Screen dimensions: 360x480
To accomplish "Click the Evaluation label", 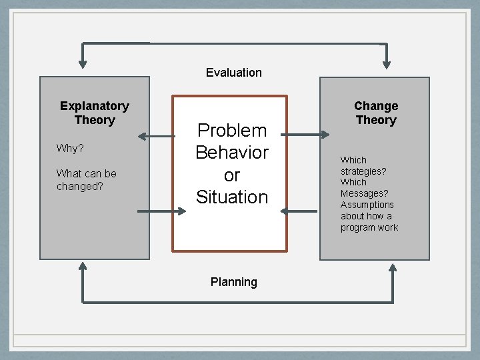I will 233,73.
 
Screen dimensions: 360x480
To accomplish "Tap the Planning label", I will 233,282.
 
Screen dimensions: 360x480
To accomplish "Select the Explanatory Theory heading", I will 95,113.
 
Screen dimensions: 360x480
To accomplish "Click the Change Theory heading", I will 376,113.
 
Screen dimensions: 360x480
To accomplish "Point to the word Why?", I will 70,148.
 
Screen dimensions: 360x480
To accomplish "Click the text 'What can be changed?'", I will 86,180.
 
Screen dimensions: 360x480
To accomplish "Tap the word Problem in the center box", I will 231,130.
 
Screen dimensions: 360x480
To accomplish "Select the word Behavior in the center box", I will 231,153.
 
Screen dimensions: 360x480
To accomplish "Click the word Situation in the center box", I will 231,197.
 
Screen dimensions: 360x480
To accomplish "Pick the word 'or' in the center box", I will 231,175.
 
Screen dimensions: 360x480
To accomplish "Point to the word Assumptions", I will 367,205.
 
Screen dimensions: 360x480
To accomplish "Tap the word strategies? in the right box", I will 363,171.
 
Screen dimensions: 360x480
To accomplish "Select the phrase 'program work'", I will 369,227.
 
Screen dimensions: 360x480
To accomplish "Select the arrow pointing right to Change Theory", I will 306,135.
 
